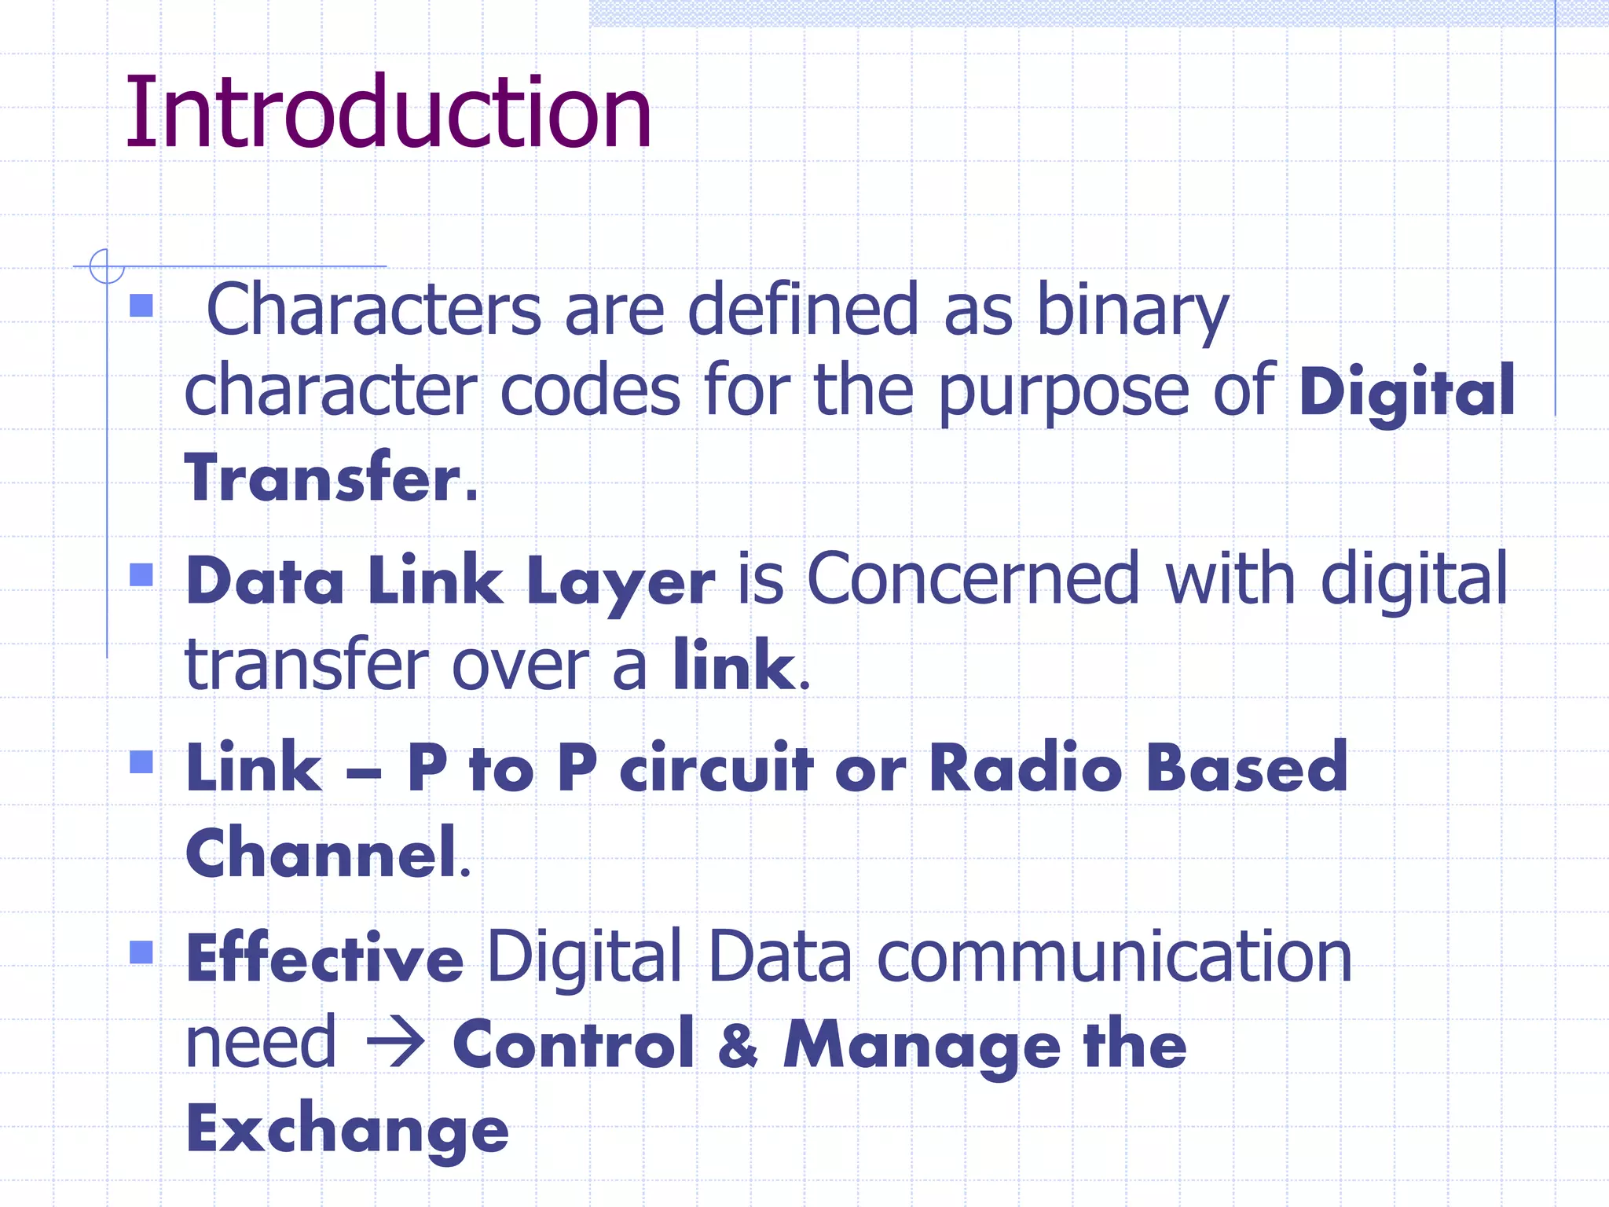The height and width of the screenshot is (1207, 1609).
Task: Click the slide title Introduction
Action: click(388, 112)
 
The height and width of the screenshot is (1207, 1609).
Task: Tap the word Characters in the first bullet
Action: click(373, 310)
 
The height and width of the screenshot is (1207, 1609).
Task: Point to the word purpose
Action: click(1064, 391)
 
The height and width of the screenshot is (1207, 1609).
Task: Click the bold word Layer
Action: click(621, 582)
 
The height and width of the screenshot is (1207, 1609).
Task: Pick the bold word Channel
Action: click(321, 853)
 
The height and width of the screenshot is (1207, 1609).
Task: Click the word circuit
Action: click(716, 768)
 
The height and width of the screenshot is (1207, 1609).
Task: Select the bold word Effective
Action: click(324, 959)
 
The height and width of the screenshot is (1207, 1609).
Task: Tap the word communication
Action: click(1114, 957)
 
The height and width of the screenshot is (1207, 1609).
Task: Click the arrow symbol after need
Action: click(396, 1044)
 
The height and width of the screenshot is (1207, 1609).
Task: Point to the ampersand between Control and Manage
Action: click(739, 1045)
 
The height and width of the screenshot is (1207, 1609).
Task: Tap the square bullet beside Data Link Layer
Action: click(141, 575)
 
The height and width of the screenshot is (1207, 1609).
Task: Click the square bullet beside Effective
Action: click(141, 952)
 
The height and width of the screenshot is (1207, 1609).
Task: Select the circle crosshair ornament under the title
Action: click(107, 266)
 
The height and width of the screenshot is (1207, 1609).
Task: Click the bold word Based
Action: click(1246, 768)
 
